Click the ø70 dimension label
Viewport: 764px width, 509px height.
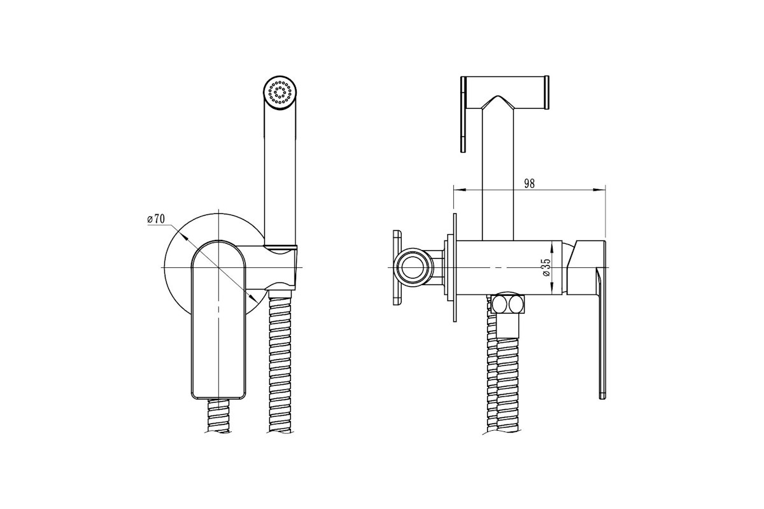click(156, 218)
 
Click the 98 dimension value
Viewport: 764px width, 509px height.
click(529, 183)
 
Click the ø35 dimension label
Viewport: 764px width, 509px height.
click(546, 267)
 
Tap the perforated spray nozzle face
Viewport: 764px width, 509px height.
click(280, 92)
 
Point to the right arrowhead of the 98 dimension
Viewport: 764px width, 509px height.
click(599, 190)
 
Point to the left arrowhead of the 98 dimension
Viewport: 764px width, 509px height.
click(460, 190)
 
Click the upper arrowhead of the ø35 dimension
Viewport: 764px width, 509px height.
click(552, 246)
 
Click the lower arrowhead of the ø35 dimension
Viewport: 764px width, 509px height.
click(552, 288)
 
